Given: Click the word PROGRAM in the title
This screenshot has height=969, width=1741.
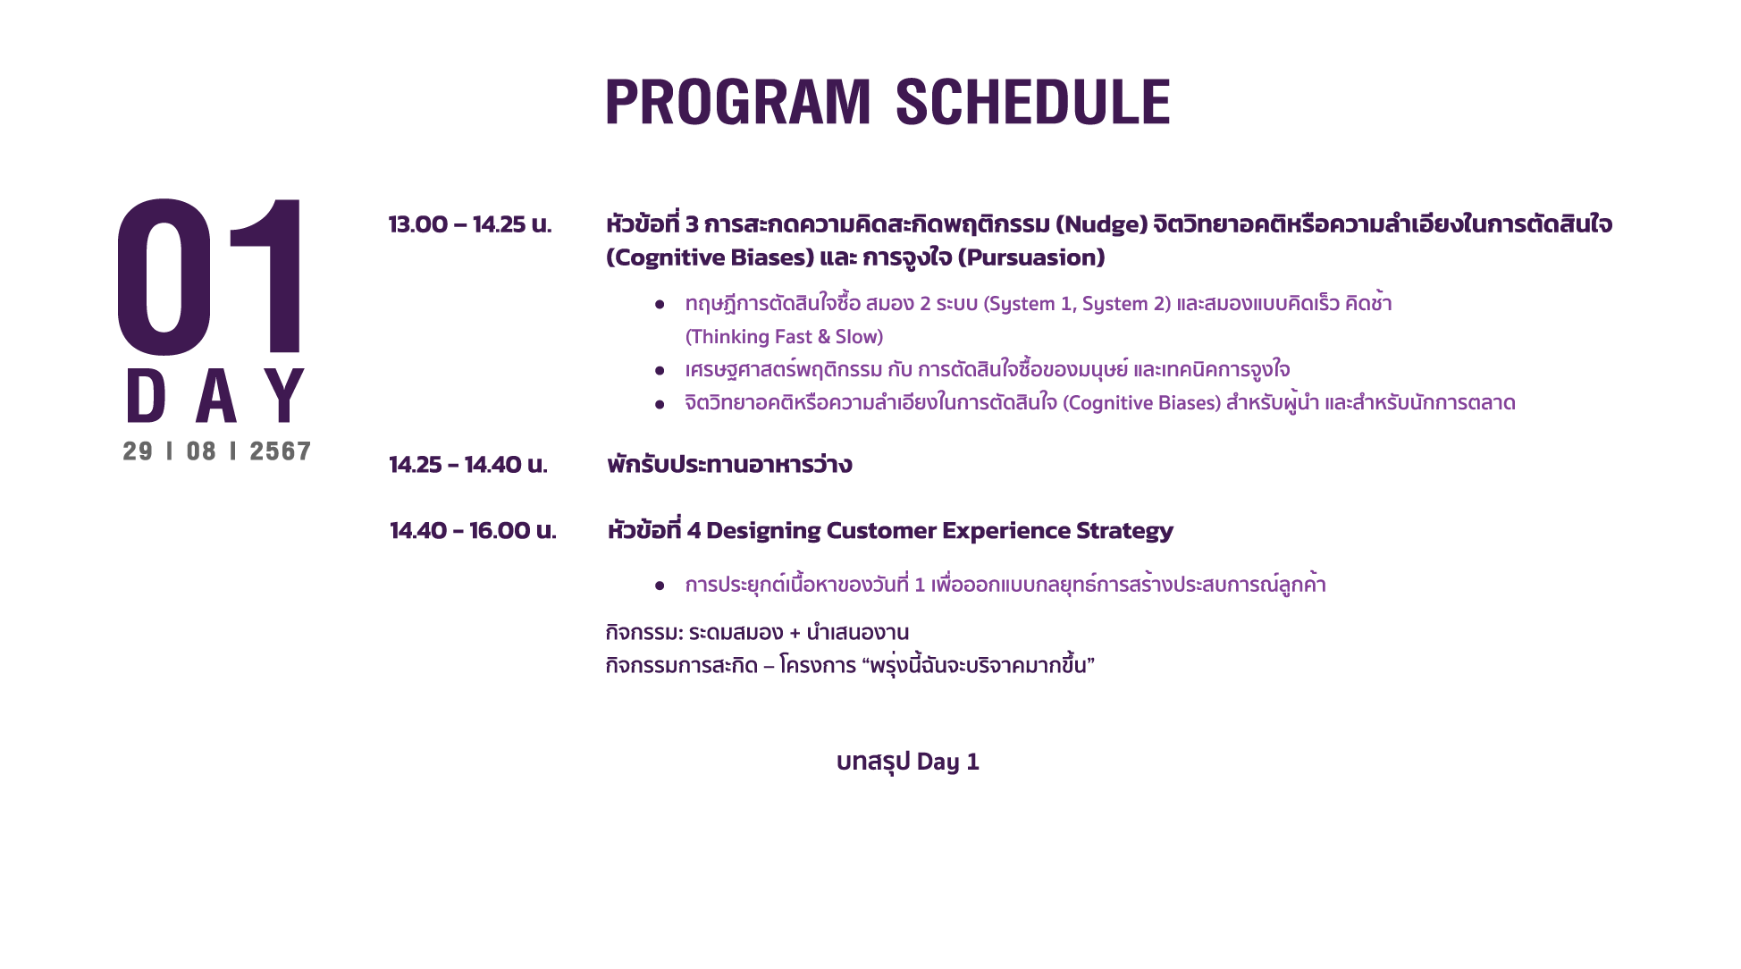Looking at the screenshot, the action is coord(738,102).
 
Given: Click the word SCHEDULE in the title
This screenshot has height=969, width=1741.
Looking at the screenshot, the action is coord(1032,102).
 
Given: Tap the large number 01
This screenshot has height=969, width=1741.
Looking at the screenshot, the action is coord(211,276).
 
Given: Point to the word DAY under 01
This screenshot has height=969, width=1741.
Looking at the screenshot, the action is coord(215,395).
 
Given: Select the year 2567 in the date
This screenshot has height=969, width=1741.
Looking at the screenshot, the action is coord(280,451).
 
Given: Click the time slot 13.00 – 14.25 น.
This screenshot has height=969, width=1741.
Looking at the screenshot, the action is coord(470,224).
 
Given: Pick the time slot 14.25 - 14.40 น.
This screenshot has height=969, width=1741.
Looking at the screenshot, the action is coord(468,465).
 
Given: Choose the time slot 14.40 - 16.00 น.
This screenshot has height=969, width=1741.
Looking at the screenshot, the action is coord(473,531).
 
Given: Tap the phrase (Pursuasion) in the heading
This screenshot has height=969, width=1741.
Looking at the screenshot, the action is coord(1031,258).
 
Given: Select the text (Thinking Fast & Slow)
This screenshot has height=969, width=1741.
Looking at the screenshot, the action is coord(784,337).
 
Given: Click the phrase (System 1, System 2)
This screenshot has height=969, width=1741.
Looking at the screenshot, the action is coord(1077,304).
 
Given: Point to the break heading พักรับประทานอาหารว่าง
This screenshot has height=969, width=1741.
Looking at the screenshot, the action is coord(729,465).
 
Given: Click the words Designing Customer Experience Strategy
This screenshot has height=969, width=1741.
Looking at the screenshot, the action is coord(939,531).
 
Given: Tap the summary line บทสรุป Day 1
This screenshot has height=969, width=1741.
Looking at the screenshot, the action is coord(908,762).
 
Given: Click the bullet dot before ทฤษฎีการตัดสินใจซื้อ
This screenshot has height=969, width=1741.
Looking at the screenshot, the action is coord(660,305).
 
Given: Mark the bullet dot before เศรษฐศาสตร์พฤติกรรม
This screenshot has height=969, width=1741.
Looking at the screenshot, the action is coord(660,370).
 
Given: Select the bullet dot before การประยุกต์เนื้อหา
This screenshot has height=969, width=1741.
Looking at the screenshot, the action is coord(660,586).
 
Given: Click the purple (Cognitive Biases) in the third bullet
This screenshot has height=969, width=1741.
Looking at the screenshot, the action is coord(1141,403).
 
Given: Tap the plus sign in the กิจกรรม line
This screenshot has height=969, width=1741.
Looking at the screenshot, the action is coord(795,634).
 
